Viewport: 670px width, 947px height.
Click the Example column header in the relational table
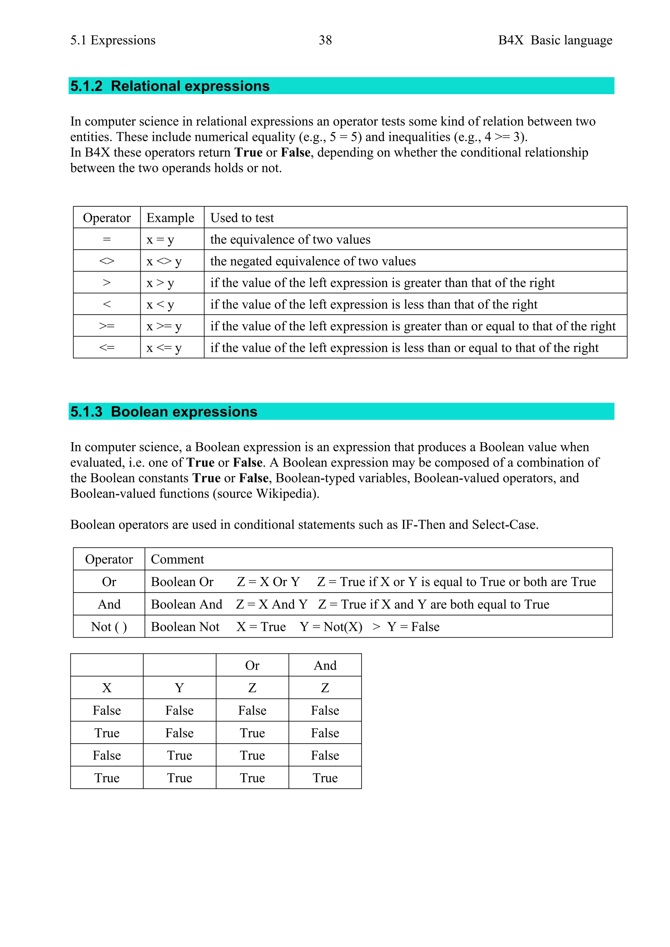pos(170,217)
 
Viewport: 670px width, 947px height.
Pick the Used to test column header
pos(242,217)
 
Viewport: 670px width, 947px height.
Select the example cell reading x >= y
pos(164,326)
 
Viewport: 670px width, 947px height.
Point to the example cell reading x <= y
pos(164,348)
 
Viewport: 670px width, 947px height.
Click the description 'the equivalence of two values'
pos(290,239)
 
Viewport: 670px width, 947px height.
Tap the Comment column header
pos(177,559)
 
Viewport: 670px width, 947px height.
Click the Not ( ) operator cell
pos(109,627)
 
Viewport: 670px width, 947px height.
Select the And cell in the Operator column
pos(109,604)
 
